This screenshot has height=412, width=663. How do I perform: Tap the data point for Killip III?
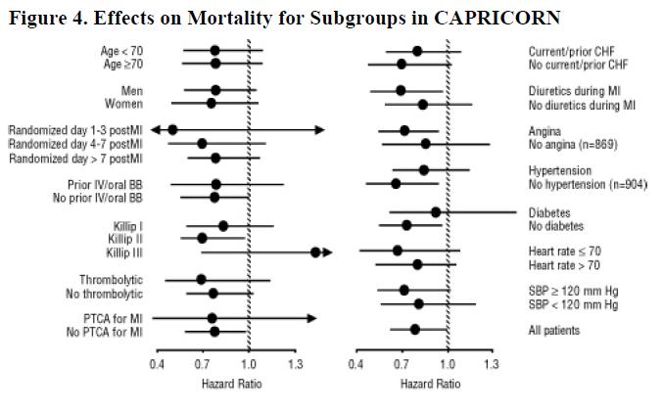click(x=315, y=252)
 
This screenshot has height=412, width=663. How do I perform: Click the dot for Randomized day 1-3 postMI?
click(x=172, y=129)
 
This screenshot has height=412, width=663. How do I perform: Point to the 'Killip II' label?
click(x=124, y=239)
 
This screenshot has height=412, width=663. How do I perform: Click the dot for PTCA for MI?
click(x=212, y=318)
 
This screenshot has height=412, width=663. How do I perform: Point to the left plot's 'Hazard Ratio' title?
click(x=231, y=385)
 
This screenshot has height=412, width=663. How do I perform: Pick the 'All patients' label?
click(x=554, y=331)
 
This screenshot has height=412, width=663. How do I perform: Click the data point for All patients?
click(x=415, y=329)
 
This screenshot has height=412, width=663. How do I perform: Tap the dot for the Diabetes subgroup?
click(x=436, y=211)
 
